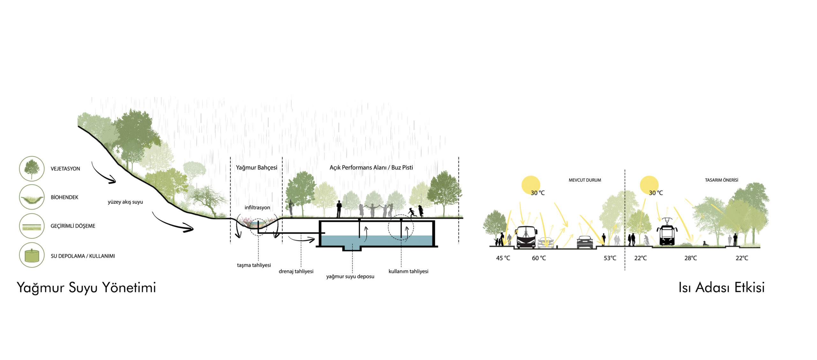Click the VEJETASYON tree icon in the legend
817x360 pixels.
click(x=32, y=169)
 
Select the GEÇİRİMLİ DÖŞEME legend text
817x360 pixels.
click(x=73, y=226)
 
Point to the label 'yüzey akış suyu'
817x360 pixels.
click(x=125, y=202)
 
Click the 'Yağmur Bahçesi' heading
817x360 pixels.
click(x=257, y=168)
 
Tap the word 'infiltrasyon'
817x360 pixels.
click(x=257, y=208)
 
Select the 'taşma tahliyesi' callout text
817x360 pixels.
click(x=254, y=265)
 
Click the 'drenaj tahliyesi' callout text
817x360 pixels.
click(x=296, y=271)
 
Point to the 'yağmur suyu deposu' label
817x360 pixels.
click(x=350, y=276)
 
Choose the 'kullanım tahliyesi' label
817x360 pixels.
click(x=408, y=271)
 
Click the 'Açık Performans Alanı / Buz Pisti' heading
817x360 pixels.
click(x=371, y=168)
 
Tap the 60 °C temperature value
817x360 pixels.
click(x=539, y=258)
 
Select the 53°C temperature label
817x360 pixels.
click(x=610, y=258)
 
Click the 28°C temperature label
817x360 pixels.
click(x=690, y=258)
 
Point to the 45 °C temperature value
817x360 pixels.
click(x=503, y=258)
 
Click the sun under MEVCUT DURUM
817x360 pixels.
click(x=530, y=185)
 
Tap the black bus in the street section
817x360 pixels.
click(x=526, y=237)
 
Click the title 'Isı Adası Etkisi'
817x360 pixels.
click(x=721, y=288)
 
